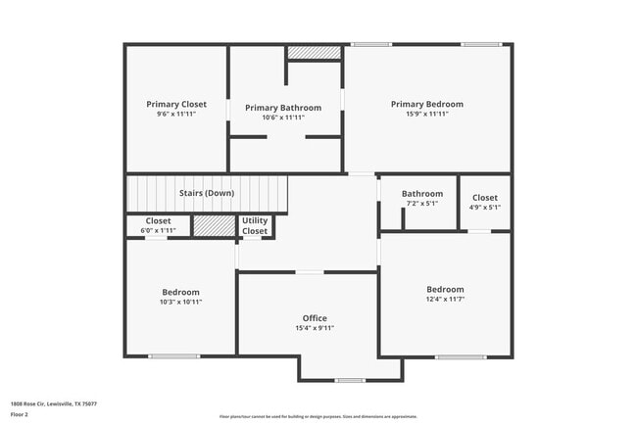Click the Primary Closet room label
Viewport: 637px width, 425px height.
[x=176, y=104]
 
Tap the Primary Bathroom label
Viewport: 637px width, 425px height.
[x=283, y=108]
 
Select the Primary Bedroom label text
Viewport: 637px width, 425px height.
[x=426, y=104]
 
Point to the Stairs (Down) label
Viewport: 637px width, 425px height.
[x=207, y=193]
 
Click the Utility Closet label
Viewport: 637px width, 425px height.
[x=255, y=226]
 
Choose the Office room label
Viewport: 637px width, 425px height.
[x=315, y=318]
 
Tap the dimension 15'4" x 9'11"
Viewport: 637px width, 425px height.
[x=315, y=328]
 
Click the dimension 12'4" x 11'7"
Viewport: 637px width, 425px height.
[x=445, y=300]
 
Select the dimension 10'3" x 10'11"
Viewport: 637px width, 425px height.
[x=181, y=302]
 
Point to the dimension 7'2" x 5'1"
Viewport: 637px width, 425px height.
[x=422, y=204]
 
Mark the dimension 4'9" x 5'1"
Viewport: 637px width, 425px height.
[x=485, y=207]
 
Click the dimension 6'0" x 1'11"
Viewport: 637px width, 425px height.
[x=158, y=230]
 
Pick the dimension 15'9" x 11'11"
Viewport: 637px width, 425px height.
[x=426, y=114]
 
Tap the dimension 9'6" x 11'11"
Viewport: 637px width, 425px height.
[x=176, y=114]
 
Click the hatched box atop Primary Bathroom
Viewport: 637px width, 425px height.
[x=314, y=52]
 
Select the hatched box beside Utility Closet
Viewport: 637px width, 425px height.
[x=207, y=226]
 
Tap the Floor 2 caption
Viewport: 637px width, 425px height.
[x=19, y=414]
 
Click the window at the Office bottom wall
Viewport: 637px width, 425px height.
[x=349, y=380]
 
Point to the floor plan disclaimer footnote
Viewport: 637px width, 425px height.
[x=318, y=416]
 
